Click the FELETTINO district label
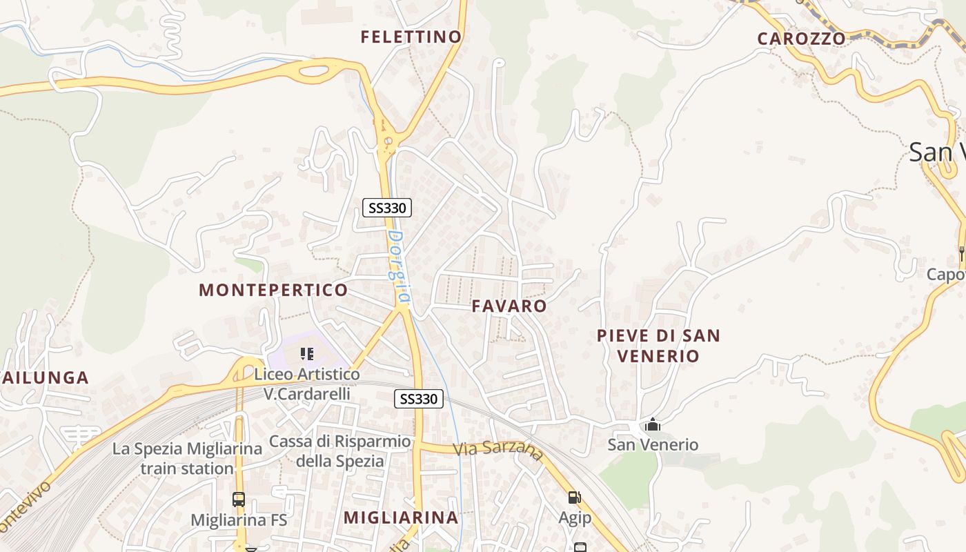[x=411, y=37]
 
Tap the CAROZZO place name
[x=801, y=39]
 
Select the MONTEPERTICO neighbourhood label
[x=273, y=290]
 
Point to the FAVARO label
[x=509, y=306]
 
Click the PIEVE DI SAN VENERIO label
[x=658, y=346]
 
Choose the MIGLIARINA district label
[x=401, y=517]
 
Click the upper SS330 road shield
[x=387, y=207]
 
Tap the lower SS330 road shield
[x=419, y=399]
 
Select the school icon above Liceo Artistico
[x=307, y=355]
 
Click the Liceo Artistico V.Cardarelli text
[x=307, y=384]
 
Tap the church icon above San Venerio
[x=653, y=424]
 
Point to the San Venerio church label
[x=653, y=445]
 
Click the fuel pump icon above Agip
[x=573, y=497]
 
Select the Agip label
[x=575, y=518]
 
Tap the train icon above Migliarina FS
[x=238, y=500]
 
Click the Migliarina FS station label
[x=238, y=520]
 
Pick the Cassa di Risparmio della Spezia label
[x=340, y=451]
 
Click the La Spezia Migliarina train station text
[x=187, y=459]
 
